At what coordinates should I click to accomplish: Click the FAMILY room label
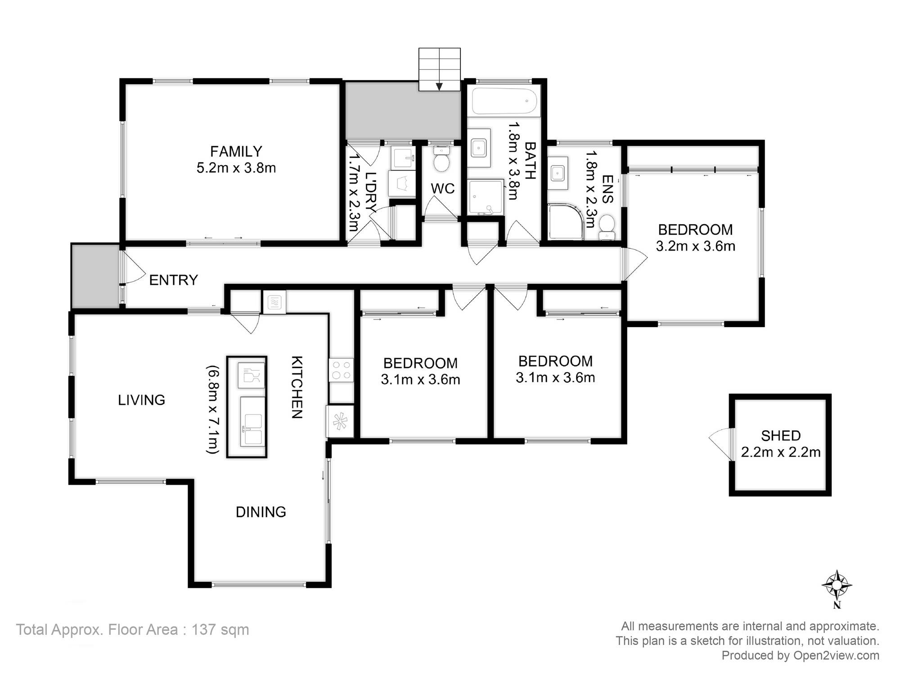click(x=236, y=151)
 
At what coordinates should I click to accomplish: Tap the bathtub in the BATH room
click(x=504, y=101)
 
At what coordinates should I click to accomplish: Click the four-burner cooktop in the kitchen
click(x=341, y=370)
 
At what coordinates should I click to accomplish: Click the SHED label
click(x=781, y=436)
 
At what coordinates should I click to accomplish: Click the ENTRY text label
click(x=173, y=280)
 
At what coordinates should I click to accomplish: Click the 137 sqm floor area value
click(x=220, y=630)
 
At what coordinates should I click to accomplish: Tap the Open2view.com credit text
click(x=836, y=656)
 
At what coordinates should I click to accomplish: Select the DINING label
click(x=261, y=512)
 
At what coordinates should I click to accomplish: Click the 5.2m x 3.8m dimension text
click(x=236, y=168)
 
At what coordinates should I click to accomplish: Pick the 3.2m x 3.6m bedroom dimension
click(x=696, y=247)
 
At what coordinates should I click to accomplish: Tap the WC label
click(x=443, y=189)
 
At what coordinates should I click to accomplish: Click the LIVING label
click(x=141, y=400)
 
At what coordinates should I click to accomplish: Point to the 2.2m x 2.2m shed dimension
click(x=781, y=452)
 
